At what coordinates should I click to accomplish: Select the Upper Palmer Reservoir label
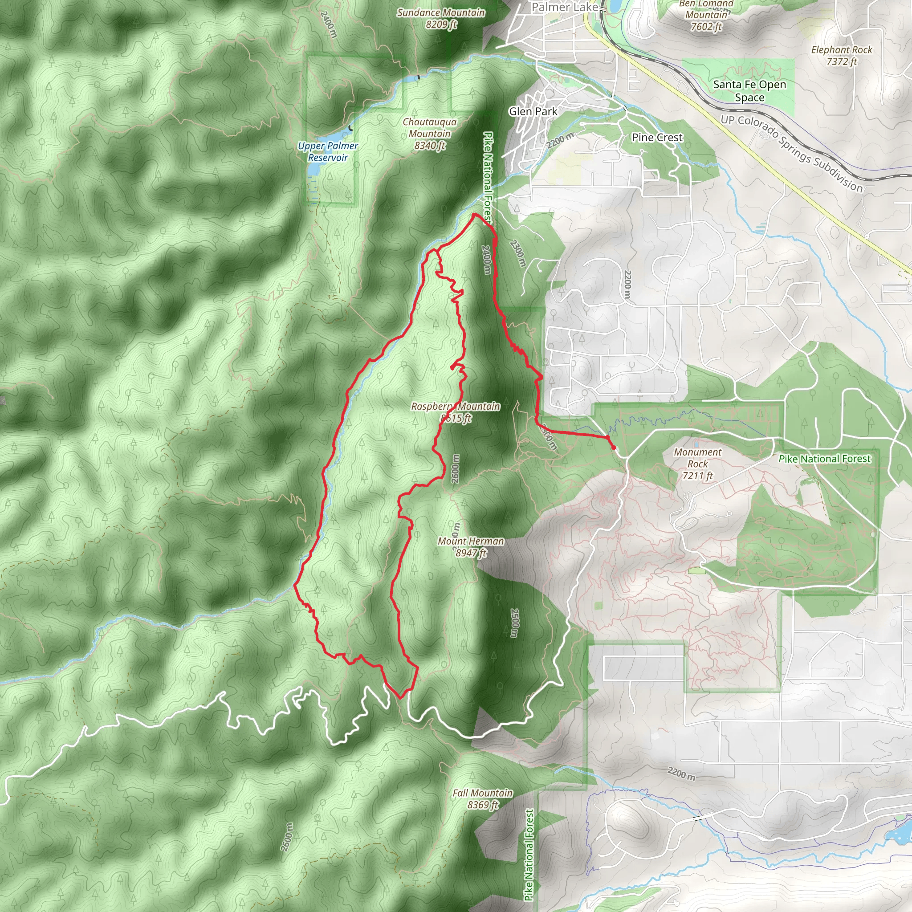point(328,151)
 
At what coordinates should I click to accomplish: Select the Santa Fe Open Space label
point(749,91)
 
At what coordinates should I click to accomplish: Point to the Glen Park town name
point(533,111)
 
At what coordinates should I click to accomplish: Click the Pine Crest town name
point(657,137)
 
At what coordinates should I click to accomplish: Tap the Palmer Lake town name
point(565,7)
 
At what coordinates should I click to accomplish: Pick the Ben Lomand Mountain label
point(706,9)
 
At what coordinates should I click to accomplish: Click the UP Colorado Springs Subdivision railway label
point(792,154)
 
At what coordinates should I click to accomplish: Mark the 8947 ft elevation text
point(471,553)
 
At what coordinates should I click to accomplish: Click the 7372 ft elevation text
point(842,61)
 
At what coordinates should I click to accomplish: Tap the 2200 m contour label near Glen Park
point(561,140)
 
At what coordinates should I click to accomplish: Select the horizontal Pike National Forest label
point(824,459)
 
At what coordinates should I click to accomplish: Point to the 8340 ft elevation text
point(430,145)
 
